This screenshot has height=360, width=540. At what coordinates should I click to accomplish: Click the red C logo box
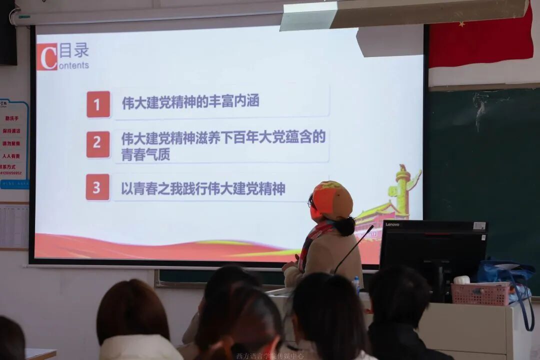pyautogui.click(x=47, y=56)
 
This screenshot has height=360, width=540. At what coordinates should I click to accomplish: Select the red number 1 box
pyautogui.click(x=98, y=104)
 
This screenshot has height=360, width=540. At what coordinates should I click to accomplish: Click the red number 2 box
pyautogui.click(x=98, y=144)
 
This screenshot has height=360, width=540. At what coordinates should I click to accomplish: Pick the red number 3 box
pyautogui.click(x=97, y=187)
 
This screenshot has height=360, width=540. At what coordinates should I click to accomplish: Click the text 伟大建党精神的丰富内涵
pyautogui.click(x=190, y=102)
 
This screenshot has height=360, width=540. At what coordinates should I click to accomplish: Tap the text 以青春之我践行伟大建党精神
pyautogui.click(x=203, y=188)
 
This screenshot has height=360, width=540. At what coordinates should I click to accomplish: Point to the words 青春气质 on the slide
pyautogui.click(x=145, y=154)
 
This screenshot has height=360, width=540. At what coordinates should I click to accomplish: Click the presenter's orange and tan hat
pyautogui.click(x=332, y=200)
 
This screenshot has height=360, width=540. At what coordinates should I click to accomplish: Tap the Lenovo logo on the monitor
pyautogui.click(x=392, y=224)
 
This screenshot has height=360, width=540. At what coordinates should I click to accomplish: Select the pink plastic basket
pyautogui.click(x=480, y=294)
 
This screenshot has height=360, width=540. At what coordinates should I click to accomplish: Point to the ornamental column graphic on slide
pyautogui.click(x=402, y=190)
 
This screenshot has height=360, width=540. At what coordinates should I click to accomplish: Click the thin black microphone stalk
pyautogui.click(x=353, y=248)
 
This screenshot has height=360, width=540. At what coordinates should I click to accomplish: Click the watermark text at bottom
pyautogui.click(x=269, y=356)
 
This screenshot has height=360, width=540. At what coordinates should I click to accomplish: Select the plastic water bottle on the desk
pyautogui.click(x=356, y=285)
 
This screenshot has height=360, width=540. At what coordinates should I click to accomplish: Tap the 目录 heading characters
pyautogui.click(x=74, y=50)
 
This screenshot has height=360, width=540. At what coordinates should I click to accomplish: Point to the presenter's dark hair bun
pyautogui.click(x=345, y=226)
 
